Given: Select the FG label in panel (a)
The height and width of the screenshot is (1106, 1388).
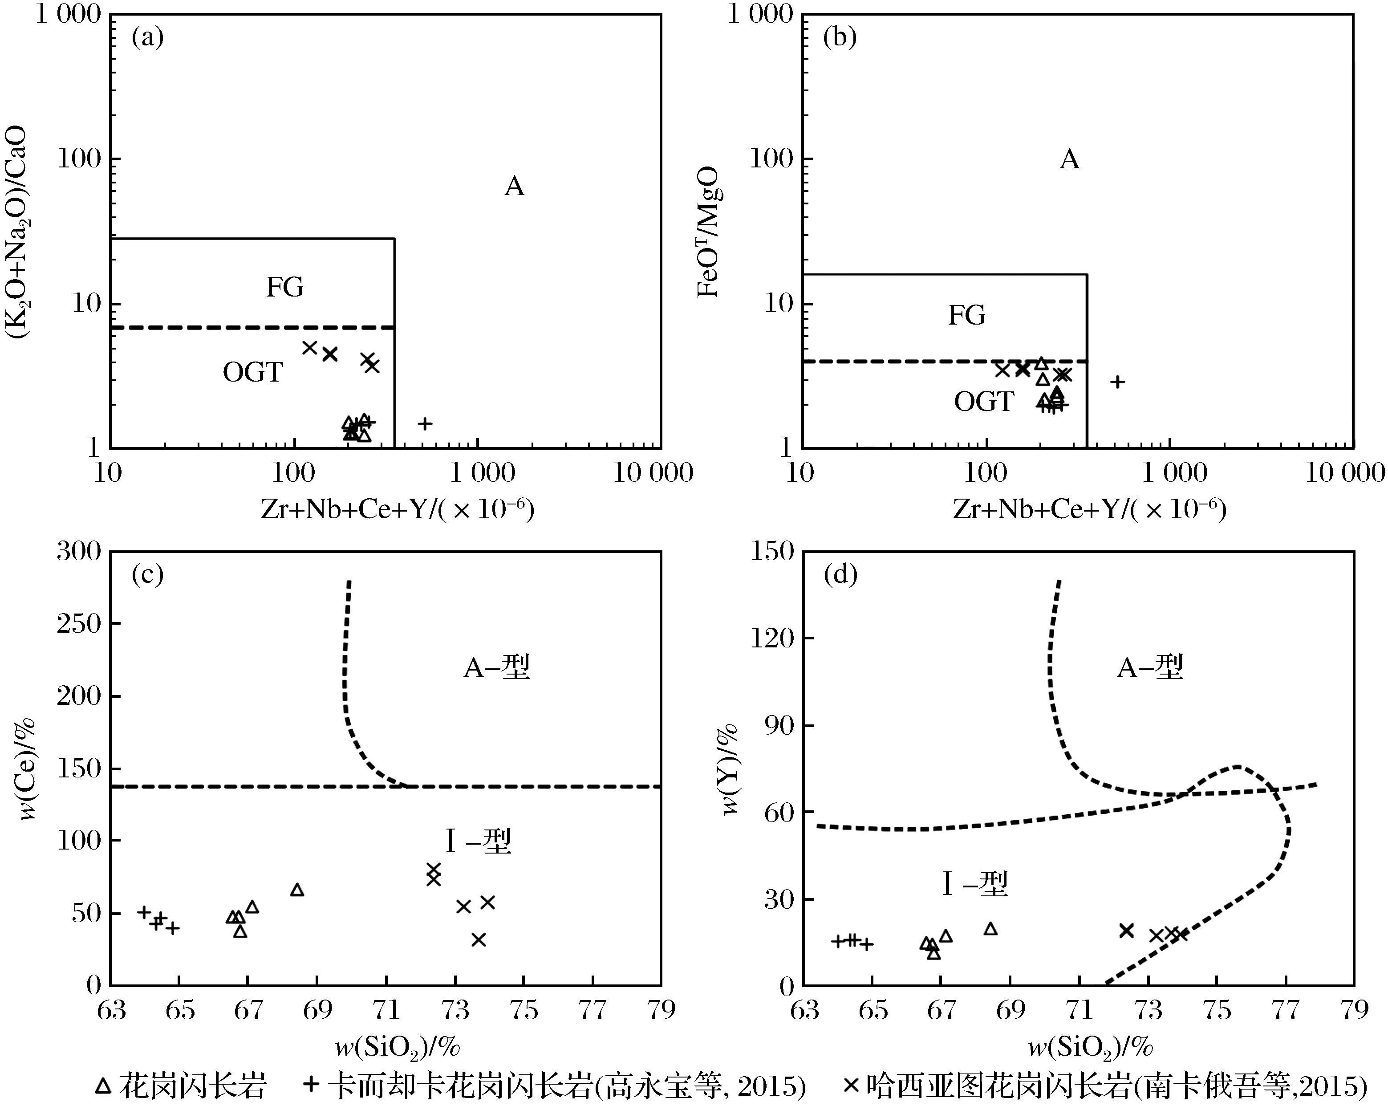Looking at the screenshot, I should [284, 287].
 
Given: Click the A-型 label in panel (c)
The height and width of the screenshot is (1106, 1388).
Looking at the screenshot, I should [496, 668].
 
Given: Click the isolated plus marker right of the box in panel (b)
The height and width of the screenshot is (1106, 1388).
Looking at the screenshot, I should [1118, 382].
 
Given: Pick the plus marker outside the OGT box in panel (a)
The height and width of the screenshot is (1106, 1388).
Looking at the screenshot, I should [424, 423].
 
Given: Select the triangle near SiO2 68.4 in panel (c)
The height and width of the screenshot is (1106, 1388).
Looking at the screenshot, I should [297, 890].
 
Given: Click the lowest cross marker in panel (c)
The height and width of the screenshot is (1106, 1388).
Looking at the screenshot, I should [479, 940].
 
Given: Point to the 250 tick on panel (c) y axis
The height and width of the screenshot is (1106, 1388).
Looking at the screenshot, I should [79, 623].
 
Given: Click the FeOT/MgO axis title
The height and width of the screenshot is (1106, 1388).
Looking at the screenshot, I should [708, 232].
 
